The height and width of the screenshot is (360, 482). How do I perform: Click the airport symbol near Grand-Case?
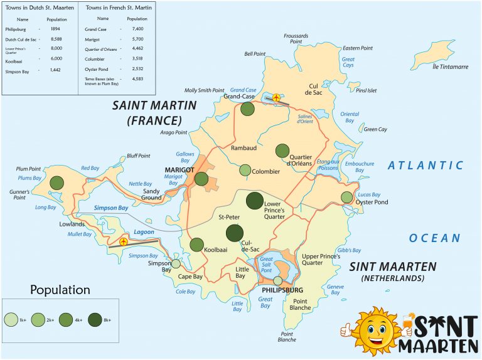pos(276,97)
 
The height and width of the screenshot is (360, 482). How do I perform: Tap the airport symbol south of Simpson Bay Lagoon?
pos(124,241)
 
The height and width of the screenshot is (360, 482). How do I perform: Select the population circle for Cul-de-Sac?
pos(234,233)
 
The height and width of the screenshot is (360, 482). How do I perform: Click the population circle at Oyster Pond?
pos(346,198)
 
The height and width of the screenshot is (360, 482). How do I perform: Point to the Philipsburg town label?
pos(279,290)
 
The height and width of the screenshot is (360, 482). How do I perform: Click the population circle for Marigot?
pos(201,179)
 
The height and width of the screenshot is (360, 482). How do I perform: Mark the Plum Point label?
pos(29,169)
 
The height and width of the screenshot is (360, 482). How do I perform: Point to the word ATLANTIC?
pos(425,166)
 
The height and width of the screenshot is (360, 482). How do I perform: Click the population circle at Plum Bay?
pos(57,183)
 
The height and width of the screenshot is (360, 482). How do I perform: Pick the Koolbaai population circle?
pos(196,245)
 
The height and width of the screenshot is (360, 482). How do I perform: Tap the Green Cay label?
pos(375,129)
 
